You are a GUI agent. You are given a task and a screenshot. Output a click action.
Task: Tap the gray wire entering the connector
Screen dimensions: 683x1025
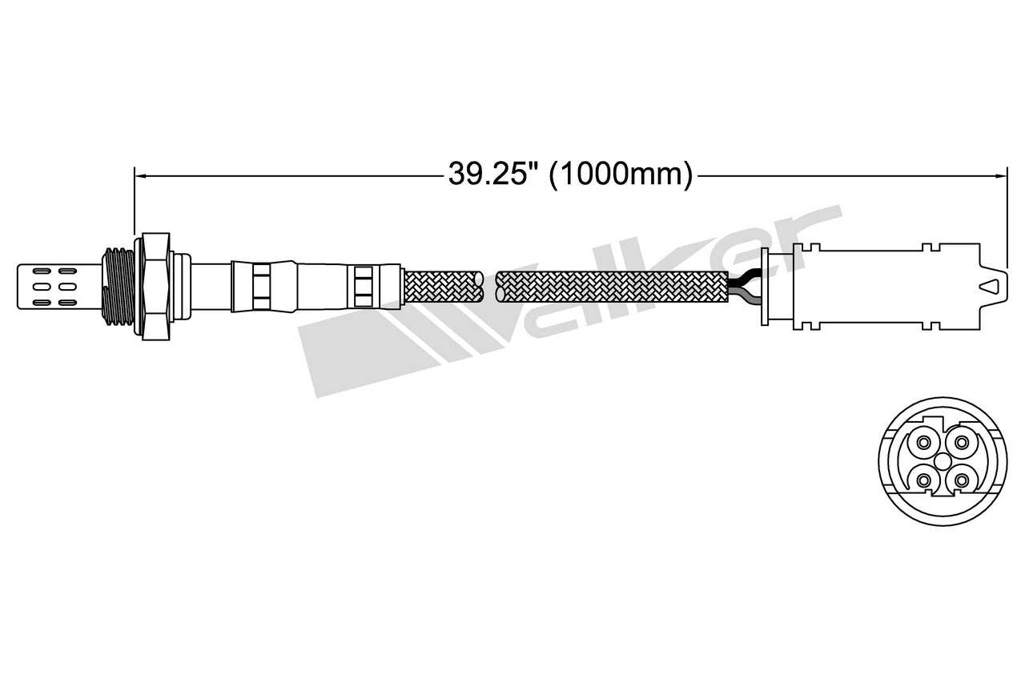(743, 297)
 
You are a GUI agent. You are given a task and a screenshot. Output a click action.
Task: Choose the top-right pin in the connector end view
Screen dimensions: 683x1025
(962, 442)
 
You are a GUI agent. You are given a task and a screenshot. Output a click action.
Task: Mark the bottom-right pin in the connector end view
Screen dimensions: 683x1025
(962, 480)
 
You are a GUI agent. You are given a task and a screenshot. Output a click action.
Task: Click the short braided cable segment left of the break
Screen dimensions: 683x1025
(443, 287)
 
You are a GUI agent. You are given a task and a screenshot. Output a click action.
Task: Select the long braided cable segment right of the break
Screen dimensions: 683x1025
(613, 287)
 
